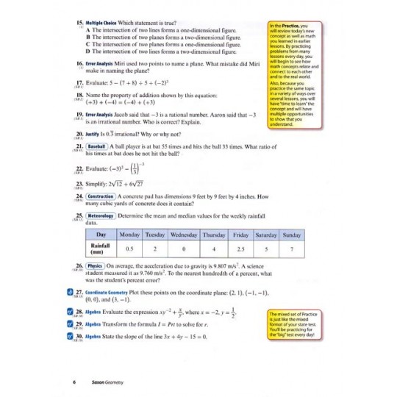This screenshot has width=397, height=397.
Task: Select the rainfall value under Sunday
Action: tap(293, 248)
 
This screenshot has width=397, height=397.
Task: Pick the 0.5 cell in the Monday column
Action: tap(129, 248)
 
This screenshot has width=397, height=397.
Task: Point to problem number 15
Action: tap(81, 24)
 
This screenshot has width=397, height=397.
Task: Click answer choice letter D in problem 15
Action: tap(88, 51)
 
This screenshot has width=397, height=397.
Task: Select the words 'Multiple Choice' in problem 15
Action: tap(104, 24)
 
